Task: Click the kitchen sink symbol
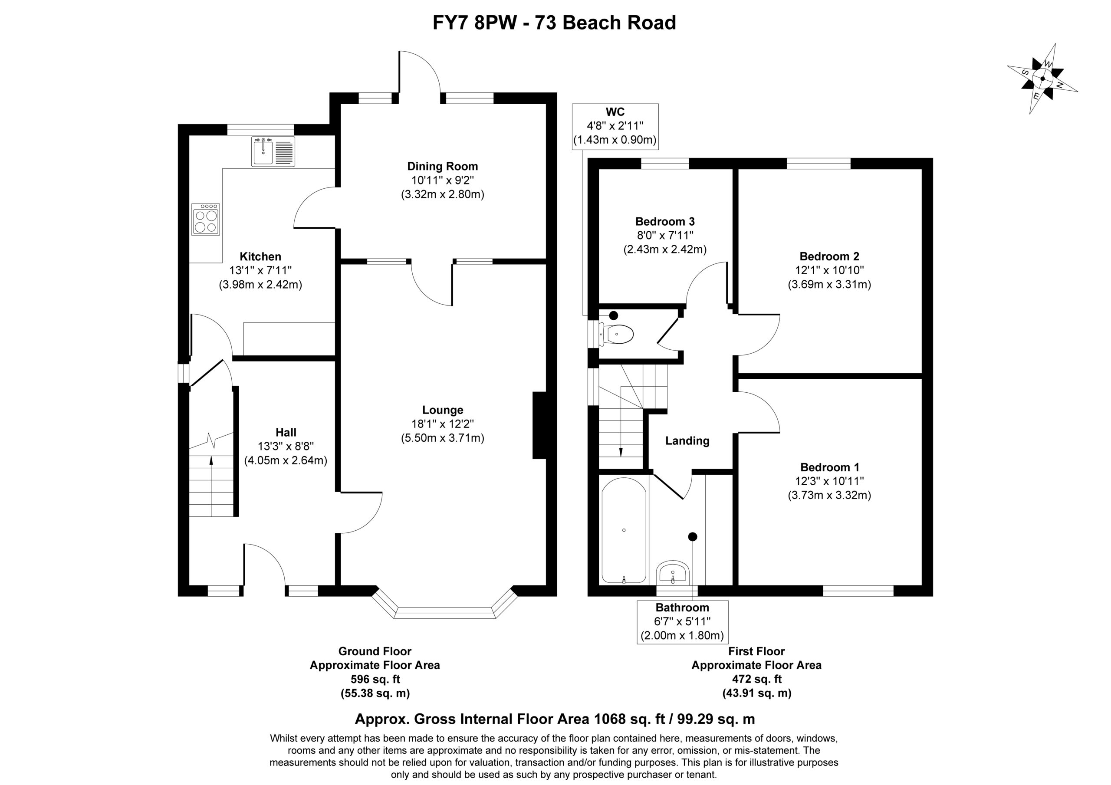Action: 273,152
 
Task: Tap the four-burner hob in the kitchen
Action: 206,219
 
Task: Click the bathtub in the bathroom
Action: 624,530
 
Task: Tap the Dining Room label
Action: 442,167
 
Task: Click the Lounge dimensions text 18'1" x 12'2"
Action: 442,424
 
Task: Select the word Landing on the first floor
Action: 687,441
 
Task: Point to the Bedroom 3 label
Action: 665,222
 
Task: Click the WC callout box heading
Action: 615,112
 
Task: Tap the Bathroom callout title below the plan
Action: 682,608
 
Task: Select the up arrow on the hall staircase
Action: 211,486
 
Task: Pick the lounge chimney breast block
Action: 539,425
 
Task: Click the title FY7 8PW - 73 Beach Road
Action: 554,23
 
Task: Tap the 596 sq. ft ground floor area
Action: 375,679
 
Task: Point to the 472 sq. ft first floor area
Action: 756,679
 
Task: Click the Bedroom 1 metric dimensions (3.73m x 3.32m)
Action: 829,495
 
